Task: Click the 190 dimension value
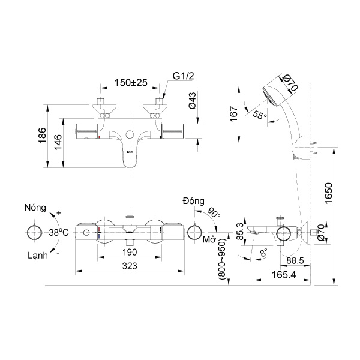coord(129,253)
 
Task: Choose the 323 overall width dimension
coord(129,266)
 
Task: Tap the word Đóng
coord(195,200)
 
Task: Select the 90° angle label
coord(214,213)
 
